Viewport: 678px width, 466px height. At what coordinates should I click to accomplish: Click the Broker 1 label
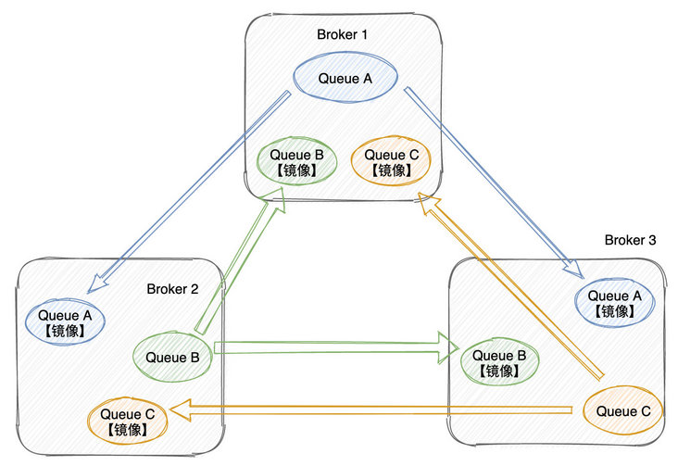pos(343,34)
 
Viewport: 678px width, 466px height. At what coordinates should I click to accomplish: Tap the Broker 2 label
pos(173,288)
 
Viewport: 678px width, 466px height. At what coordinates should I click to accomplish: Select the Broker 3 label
pos(630,240)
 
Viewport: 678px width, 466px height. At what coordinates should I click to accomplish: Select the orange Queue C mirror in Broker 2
pos(129,421)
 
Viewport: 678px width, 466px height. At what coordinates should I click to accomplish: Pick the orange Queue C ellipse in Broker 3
pos(622,409)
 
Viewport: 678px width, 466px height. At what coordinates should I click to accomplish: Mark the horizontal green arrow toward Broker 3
pos(333,348)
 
